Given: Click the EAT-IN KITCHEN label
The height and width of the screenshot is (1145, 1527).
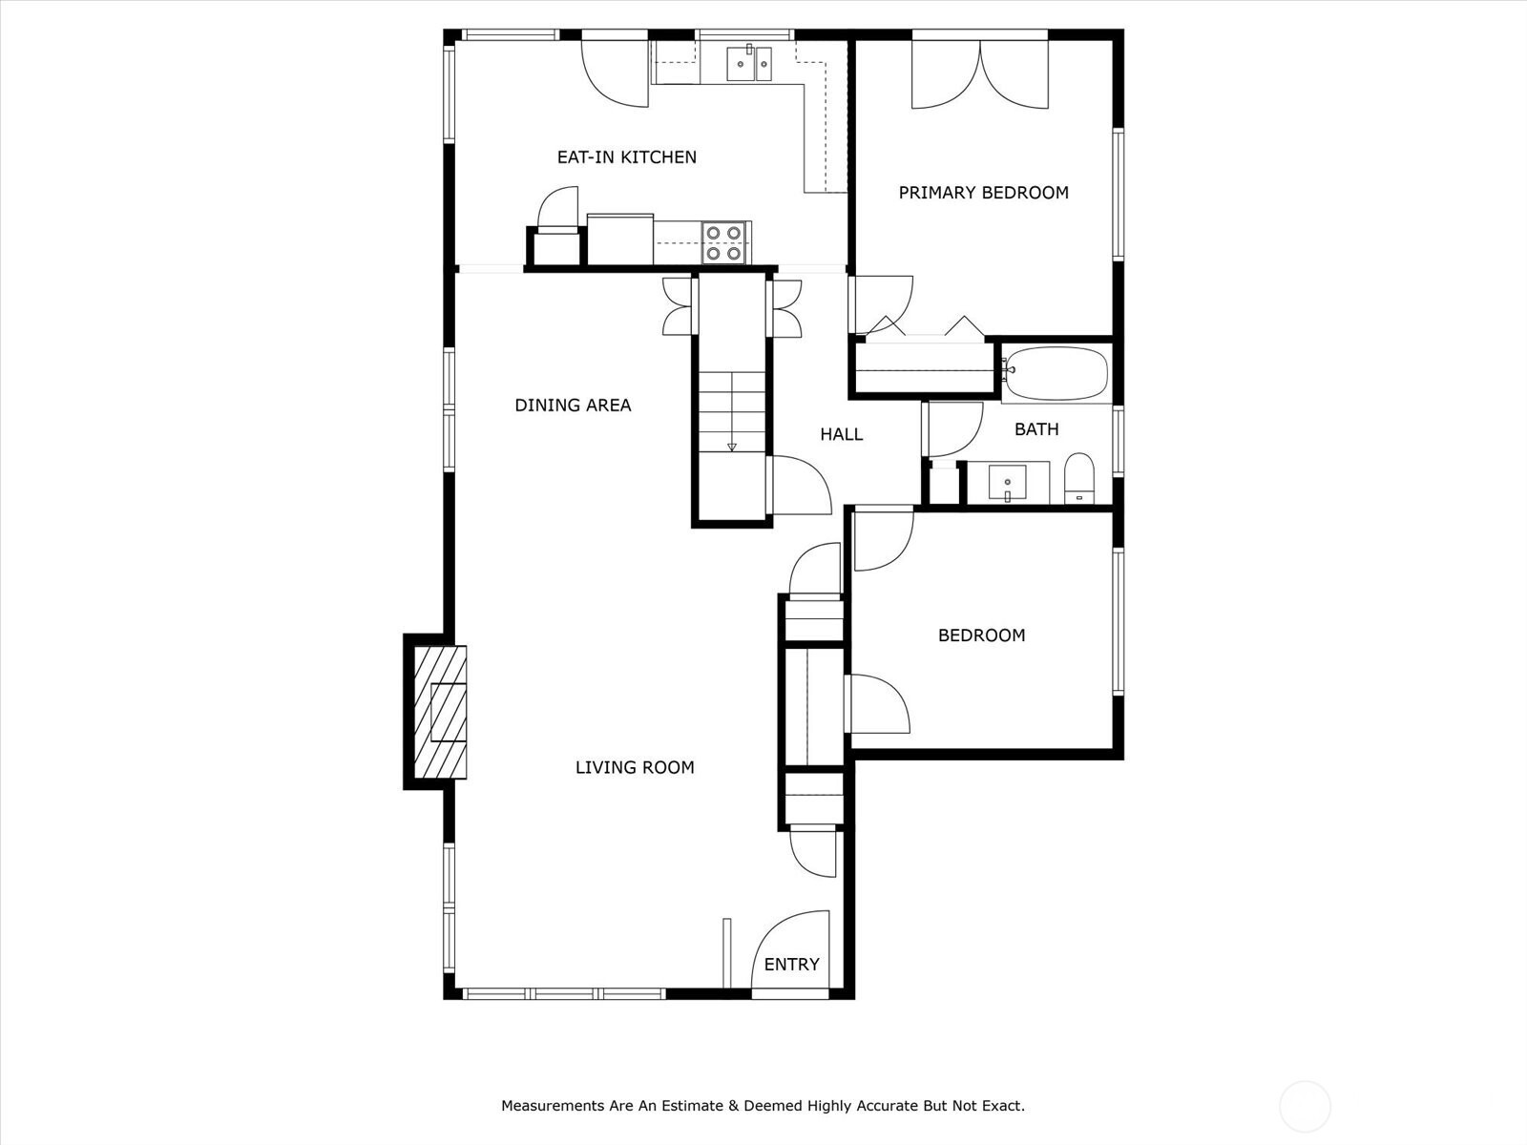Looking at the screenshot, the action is [626, 157].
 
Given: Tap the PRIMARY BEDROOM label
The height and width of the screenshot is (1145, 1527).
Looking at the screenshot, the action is [983, 193].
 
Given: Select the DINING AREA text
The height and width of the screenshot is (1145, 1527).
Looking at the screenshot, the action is [573, 405].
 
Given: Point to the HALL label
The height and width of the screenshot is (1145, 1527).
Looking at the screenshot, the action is [841, 434].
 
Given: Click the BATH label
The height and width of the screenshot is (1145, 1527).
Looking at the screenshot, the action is [1036, 429].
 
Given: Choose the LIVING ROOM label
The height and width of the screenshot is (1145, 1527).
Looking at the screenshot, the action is [635, 767].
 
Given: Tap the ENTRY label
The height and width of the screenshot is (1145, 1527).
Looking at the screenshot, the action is [792, 964].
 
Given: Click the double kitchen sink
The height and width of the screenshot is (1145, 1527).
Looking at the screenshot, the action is [749, 63].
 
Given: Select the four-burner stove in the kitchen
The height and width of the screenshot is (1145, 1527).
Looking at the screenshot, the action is [723, 242].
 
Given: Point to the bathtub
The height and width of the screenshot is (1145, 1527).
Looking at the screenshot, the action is [1056, 373].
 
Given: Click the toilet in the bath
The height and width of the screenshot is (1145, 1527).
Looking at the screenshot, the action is [1079, 478].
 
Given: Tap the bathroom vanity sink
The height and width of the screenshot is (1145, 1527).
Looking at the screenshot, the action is [1007, 482].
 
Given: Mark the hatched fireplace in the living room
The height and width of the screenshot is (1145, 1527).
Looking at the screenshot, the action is [440, 712].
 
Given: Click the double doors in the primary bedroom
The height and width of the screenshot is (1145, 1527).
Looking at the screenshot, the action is [980, 73].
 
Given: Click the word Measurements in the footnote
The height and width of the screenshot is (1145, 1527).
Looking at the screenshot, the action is [551, 1105].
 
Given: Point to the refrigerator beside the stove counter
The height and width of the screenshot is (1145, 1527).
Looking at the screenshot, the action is [619, 239].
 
